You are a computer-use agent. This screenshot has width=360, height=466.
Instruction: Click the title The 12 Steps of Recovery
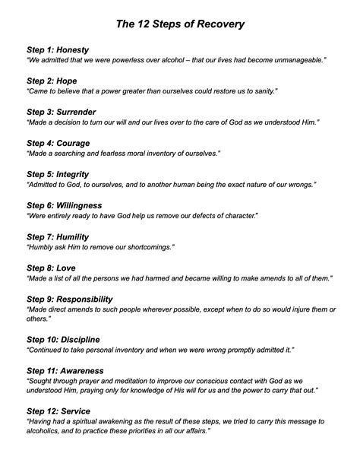180,24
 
